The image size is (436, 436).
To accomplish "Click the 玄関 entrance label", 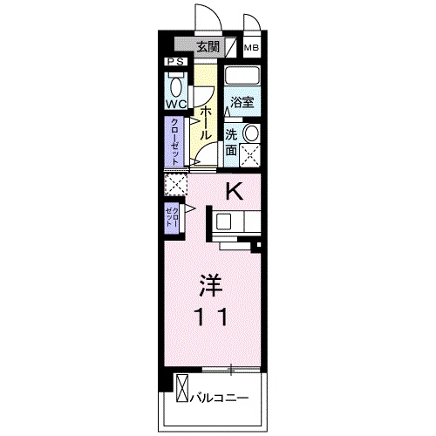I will point(206,47).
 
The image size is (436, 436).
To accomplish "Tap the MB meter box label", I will point(250,48).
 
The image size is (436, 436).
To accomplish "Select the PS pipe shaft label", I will point(175,62).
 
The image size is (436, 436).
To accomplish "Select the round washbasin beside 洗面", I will point(250,133).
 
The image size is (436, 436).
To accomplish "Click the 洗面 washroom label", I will point(231,142).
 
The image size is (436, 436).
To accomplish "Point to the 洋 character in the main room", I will point(208,284).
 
